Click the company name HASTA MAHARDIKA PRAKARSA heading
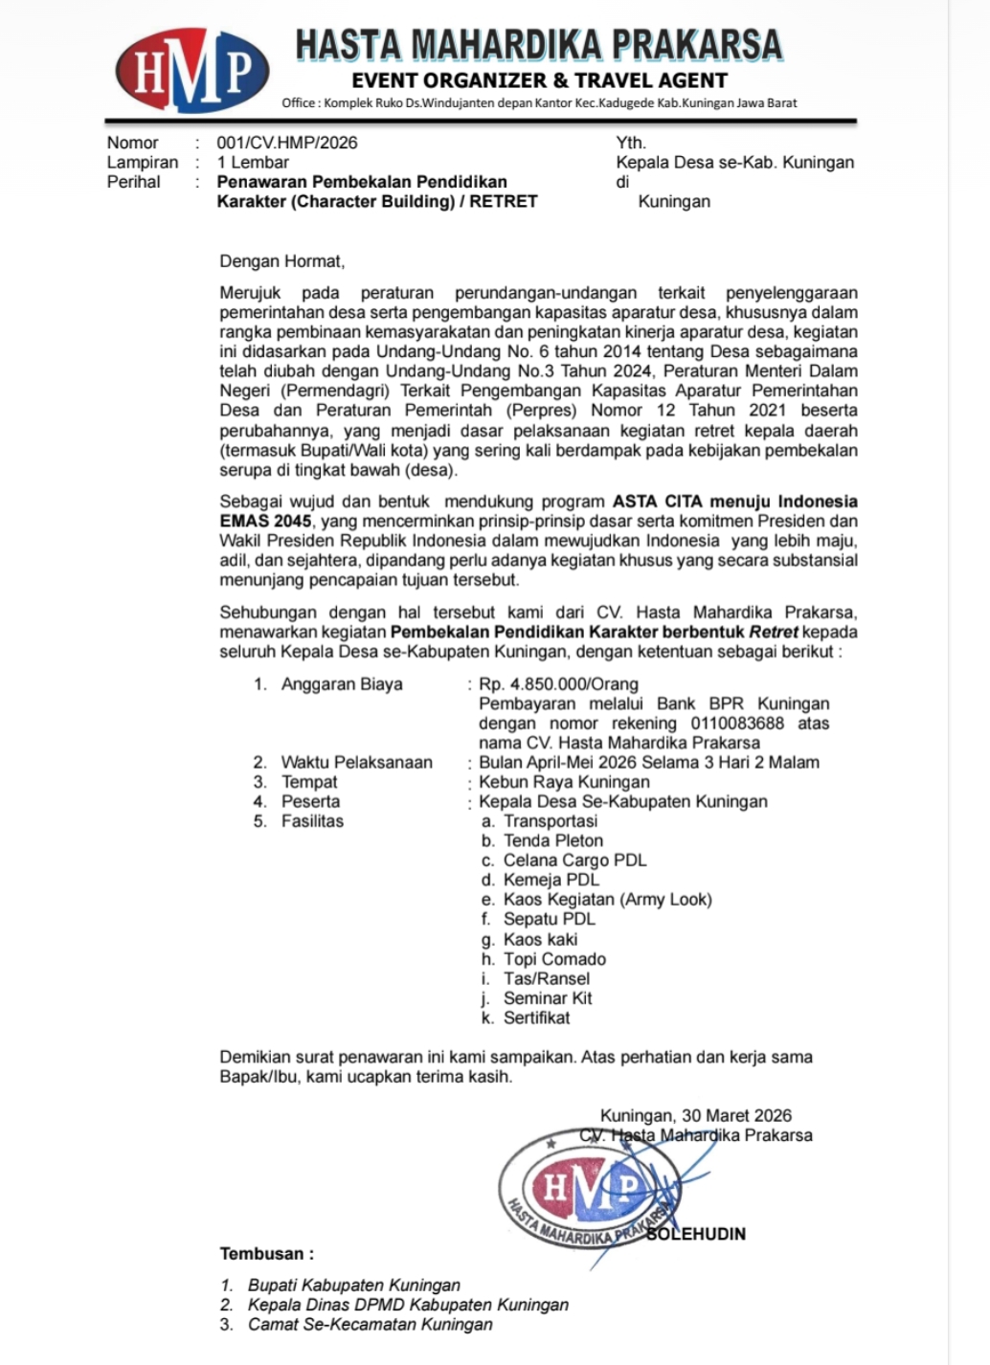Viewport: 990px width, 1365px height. pos(538,45)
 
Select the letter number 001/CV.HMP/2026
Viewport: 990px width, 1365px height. pos(287,143)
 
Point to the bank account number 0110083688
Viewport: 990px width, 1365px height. pos(736,724)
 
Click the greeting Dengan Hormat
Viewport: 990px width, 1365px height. pos(281,261)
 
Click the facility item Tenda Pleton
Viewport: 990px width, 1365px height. pos(553,840)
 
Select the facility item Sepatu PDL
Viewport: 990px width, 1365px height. pos(550,919)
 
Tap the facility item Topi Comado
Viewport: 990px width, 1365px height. pos(554,959)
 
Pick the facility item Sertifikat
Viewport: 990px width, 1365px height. pos(536,1018)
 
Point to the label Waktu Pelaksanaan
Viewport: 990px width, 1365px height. pos(356,763)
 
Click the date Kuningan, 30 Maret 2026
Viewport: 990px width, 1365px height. pos(696,1115)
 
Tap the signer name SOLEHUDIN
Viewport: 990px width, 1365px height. pos(696,1234)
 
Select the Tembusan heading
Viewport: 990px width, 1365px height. pos(267,1254)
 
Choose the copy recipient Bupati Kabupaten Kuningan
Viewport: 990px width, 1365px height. pos(353,1286)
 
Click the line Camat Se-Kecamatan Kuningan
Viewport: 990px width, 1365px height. pos(370,1325)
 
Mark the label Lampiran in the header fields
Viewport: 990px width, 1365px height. pos(143,163)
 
